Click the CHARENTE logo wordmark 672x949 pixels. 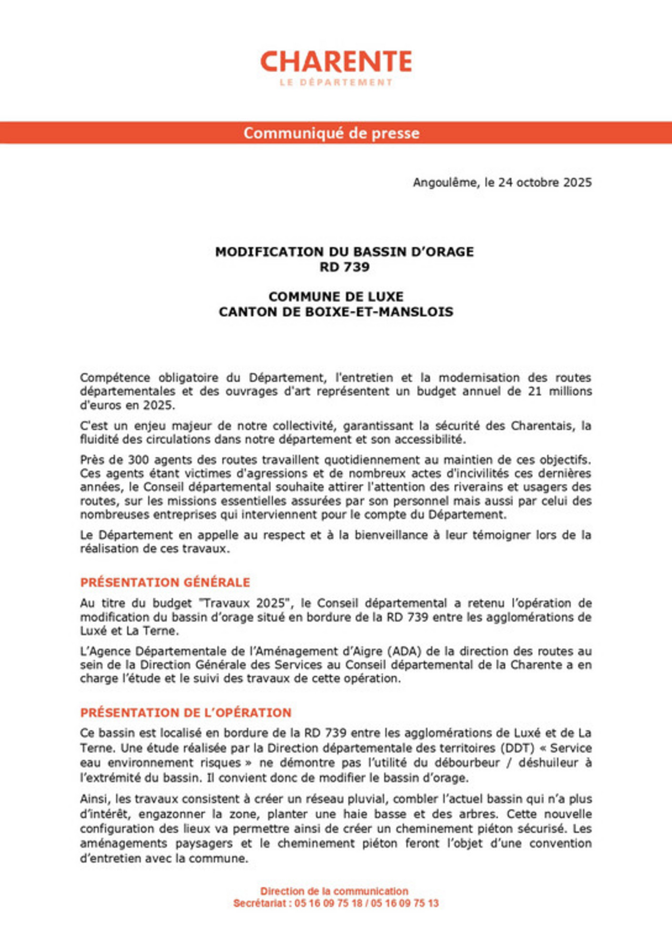pyautogui.click(x=336, y=61)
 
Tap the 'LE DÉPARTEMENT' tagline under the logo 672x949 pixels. pyautogui.click(x=336, y=82)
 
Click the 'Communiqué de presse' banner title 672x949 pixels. pyautogui.click(x=332, y=133)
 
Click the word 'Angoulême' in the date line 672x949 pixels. pyautogui.click(x=445, y=183)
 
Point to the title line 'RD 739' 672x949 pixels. pyautogui.click(x=344, y=267)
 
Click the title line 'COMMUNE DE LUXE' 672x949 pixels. pyautogui.click(x=336, y=296)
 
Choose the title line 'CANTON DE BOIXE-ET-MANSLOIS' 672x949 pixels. pyautogui.click(x=336, y=312)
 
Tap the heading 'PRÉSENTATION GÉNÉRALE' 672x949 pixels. pyautogui.click(x=165, y=582)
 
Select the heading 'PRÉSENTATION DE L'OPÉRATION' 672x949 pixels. pyautogui.click(x=185, y=713)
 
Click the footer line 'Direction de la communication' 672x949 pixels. pyautogui.click(x=334, y=891)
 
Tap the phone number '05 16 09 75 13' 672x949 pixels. pyautogui.click(x=405, y=903)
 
